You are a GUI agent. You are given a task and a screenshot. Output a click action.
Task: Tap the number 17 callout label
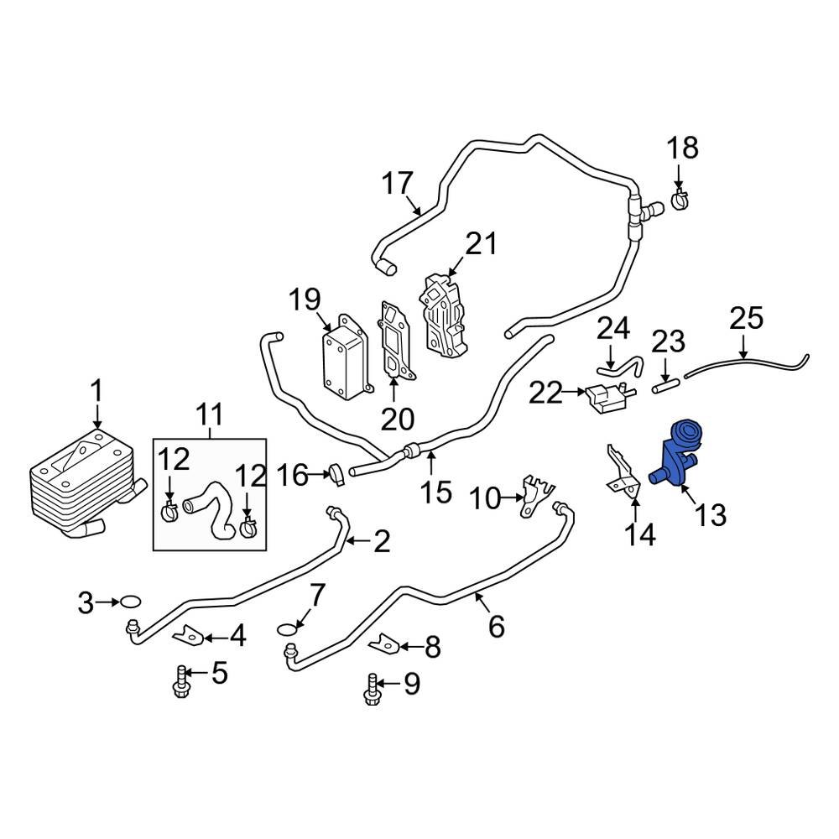[x=399, y=183]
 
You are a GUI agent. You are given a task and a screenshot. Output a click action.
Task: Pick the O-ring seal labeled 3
[x=129, y=601]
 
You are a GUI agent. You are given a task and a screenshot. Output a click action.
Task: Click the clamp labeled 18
[x=680, y=200]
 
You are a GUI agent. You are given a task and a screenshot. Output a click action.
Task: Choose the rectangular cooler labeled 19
[x=344, y=359]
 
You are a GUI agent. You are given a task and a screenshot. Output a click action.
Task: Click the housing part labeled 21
[x=442, y=314]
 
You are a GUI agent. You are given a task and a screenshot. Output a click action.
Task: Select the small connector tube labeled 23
[x=664, y=387]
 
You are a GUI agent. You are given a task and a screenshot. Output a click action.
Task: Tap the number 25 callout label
[x=746, y=319]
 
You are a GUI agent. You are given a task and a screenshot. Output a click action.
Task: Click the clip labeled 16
[x=336, y=473]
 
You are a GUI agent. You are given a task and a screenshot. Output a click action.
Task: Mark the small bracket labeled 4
[x=190, y=638]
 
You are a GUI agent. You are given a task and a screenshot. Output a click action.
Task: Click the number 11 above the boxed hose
[x=209, y=413]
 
